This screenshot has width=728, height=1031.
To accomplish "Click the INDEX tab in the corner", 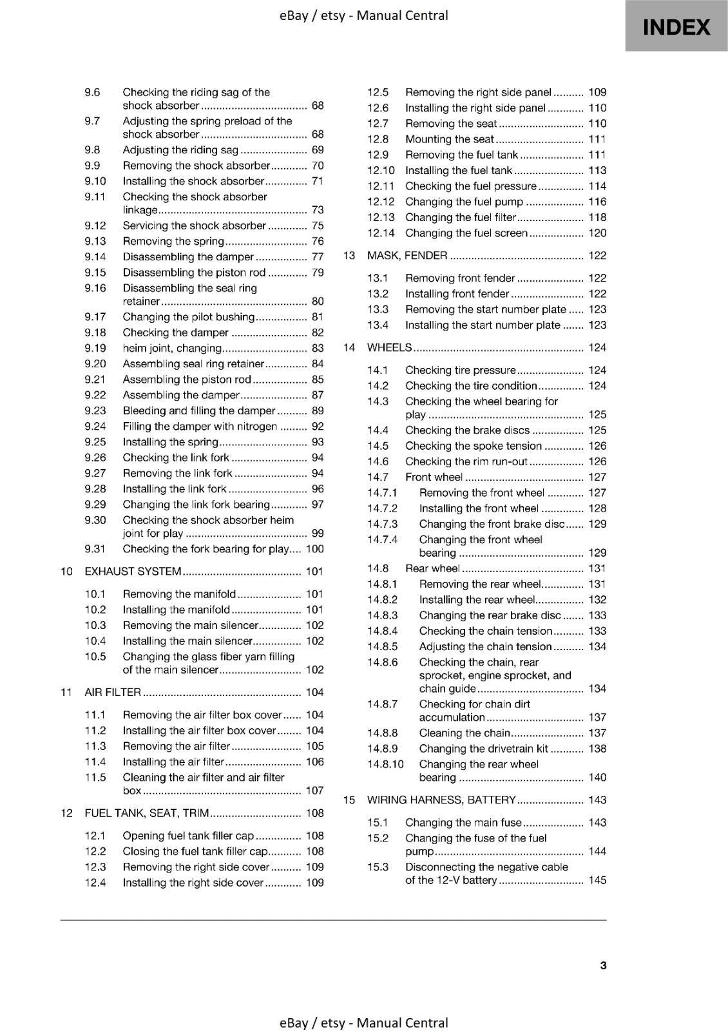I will click(676, 26).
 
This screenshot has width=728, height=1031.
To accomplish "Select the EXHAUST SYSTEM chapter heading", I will click(133, 572).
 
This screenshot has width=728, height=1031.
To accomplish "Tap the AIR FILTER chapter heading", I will click(113, 693).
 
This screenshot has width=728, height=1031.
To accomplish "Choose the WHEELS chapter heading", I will click(389, 348).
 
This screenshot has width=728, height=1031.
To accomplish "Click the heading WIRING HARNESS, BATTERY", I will click(441, 800).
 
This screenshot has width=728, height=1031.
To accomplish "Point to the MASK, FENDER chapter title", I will click(407, 256).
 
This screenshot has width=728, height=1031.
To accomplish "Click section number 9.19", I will click(95, 349).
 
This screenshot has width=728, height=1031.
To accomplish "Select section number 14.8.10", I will click(385, 765).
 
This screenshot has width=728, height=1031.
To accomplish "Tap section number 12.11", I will click(381, 186).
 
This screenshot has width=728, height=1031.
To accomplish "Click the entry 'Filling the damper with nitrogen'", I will click(200, 427).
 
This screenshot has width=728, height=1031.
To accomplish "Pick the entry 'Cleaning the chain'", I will click(464, 733).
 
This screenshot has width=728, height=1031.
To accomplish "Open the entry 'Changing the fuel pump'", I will click(464, 202).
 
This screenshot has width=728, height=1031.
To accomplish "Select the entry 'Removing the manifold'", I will click(179, 594).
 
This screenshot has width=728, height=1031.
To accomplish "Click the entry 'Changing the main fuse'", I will click(463, 823).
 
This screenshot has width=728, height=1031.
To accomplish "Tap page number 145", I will click(597, 880).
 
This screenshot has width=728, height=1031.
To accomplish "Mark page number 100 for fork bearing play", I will click(314, 550).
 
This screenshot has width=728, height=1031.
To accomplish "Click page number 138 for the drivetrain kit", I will click(597, 749).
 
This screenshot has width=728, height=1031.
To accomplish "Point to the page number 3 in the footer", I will click(603, 965).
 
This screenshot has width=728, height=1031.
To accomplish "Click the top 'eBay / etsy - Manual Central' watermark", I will click(364, 15).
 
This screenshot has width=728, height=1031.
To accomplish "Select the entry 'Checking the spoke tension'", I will click(473, 446).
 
